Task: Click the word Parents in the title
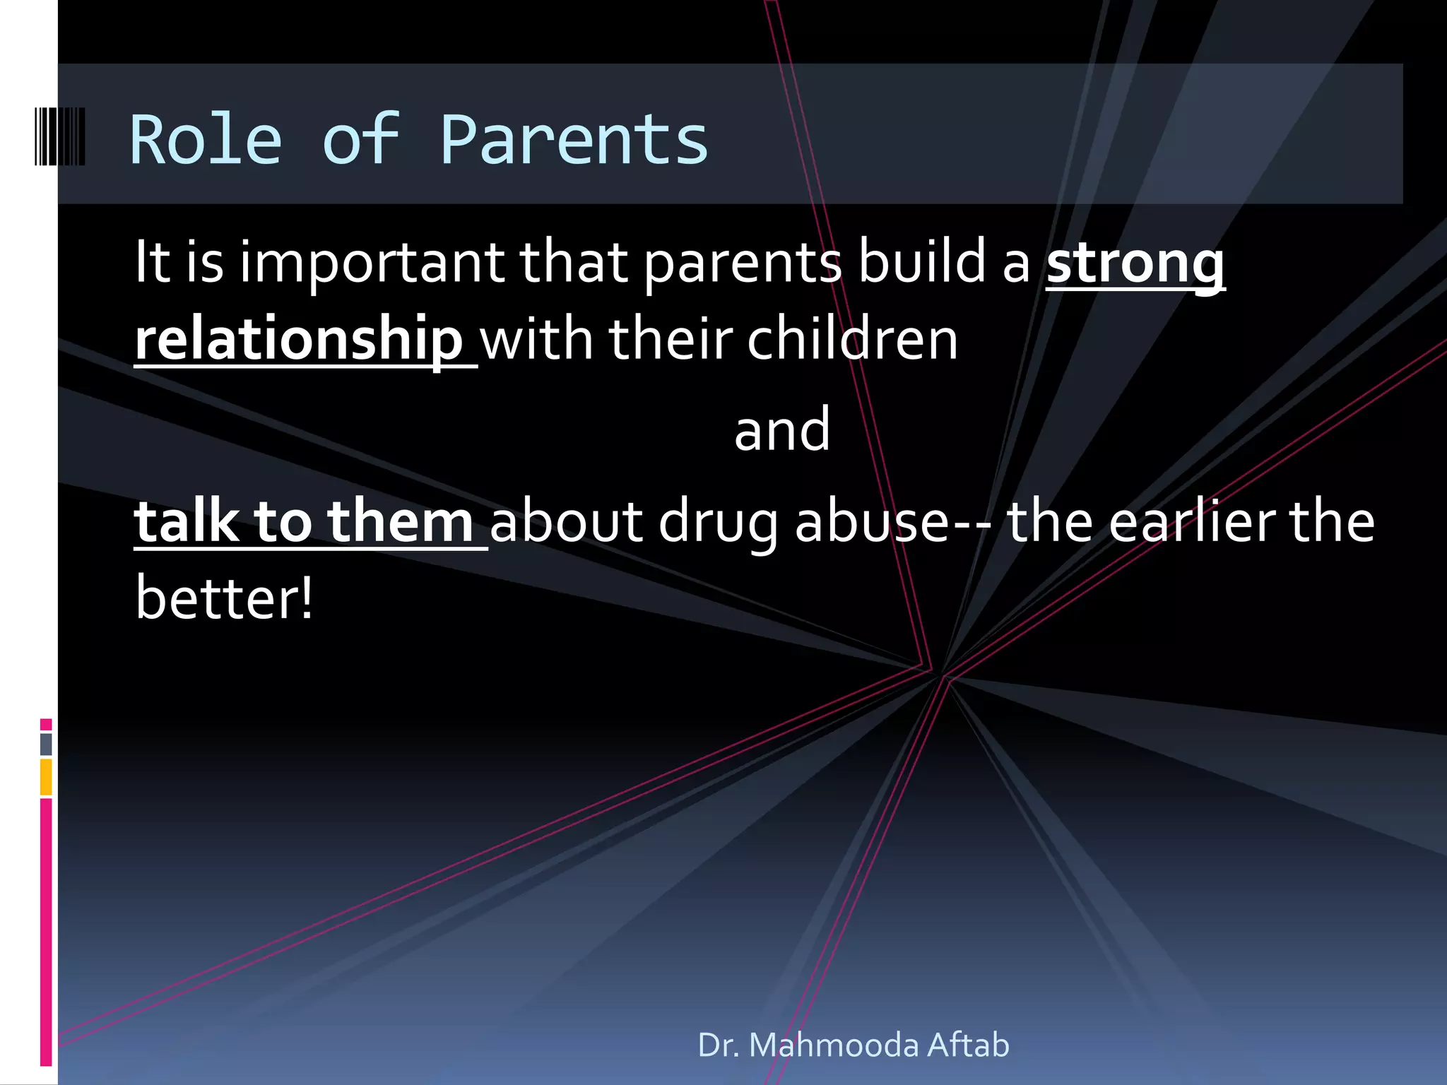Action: pyautogui.click(x=574, y=140)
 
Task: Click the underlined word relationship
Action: pyautogui.click(x=299, y=339)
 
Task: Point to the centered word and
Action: pyautogui.click(x=782, y=429)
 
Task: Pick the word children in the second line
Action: pyautogui.click(x=852, y=339)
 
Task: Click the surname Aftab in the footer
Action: pyautogui.click(x=968, y=1045)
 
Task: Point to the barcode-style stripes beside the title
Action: pyautogui.click(x=60, y=136)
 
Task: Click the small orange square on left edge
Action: pyautogui.click(x=46, y=777)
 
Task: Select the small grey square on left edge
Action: pyautogui.click(x=46, y=744)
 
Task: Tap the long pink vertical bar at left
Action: pyautogui.click(x=46, y=932)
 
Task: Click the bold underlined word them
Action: pyautogui.click(x=401, y=521)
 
